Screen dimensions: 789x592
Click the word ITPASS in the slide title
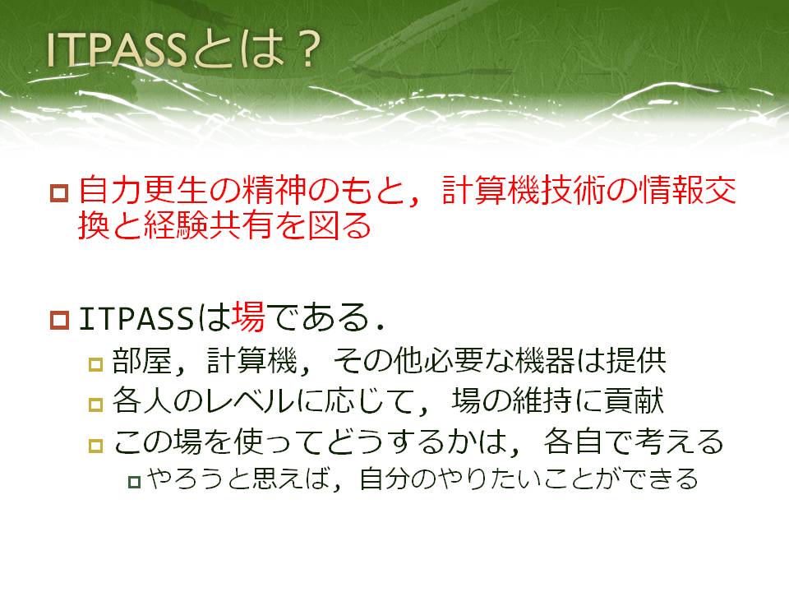[116, 50]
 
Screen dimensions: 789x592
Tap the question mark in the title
[307, 50]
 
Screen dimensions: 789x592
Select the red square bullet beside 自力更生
[59, 193]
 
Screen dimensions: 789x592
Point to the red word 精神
[275, 190]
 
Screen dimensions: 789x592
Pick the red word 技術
[572, 190]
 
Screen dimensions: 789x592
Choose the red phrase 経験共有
[209, 225]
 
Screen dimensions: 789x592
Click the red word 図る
[339, 225]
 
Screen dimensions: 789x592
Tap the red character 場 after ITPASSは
[248, 317]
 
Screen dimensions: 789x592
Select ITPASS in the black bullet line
[136, 318]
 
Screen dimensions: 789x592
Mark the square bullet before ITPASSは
[59, 320]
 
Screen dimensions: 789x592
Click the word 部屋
[142, 360]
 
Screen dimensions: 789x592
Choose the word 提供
[636, 360]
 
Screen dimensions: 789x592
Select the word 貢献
[634, 401]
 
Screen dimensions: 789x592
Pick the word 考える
[680, 442]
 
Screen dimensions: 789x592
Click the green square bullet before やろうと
[134, 482]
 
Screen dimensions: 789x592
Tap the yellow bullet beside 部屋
[95, 364]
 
